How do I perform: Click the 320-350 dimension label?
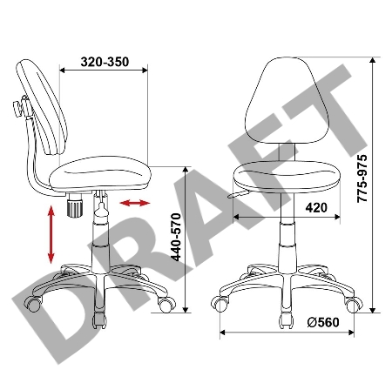[105, 62]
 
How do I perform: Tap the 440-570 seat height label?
[176, 237]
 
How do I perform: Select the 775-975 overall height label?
[362, 178]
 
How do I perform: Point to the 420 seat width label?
[316, 208]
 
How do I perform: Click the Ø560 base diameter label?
[323, 322]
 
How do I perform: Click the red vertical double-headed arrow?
[51, 234]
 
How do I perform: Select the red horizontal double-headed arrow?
[135, 203]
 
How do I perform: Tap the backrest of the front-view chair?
[287, 100]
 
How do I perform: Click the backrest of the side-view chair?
[42, 106]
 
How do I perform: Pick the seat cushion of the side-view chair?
[100, 173]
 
